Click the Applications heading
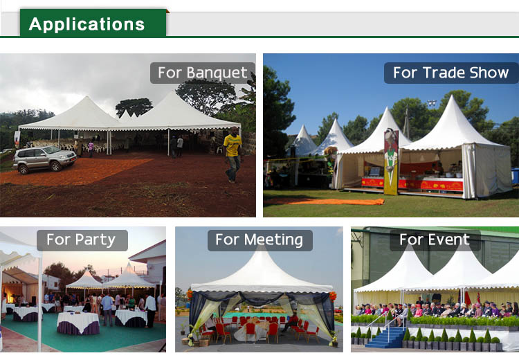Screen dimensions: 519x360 [86, 24]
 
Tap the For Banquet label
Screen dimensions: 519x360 [203, 73]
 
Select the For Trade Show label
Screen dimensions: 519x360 [450, 73]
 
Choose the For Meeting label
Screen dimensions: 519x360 [259, 240]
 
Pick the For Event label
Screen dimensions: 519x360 [435, 240]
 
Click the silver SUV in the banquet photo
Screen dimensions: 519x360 [45, 159]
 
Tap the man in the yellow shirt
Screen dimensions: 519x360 [233, 154]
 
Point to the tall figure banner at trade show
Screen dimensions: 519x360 [391, 161]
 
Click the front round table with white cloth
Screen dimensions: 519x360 [78, 323]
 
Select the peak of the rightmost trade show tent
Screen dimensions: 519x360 [452, 97]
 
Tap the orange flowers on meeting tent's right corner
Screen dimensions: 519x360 [333, 296]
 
